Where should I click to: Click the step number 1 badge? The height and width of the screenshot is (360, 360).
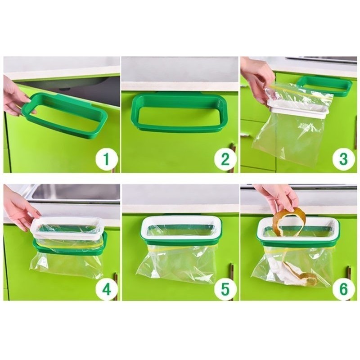coord(106,159)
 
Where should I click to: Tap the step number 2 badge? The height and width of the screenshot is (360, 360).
coord(225,159)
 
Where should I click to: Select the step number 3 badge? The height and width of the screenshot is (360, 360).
coord(343,159)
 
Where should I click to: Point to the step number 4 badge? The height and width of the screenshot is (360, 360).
coord(106,289)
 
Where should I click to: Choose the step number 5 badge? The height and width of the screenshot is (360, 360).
coord(225,289)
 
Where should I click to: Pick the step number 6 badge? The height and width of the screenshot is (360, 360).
coord(343,289)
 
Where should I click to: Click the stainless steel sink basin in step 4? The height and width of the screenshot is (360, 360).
coord(76,193)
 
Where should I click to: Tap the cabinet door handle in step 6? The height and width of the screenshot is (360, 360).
coord(349,273)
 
